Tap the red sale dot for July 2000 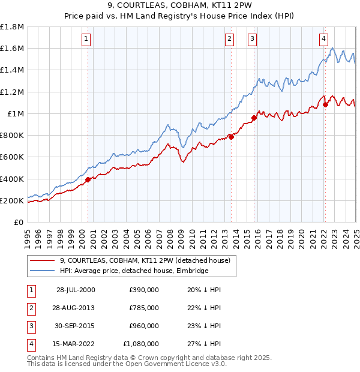[88, 179]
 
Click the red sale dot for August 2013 [231, 137]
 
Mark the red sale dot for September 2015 [254, 118]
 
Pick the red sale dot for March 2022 [325, 104]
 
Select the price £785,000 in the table [144, 308]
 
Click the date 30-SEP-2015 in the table [76, 326]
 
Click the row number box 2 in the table [30, 308]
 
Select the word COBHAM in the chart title [199, 6]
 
